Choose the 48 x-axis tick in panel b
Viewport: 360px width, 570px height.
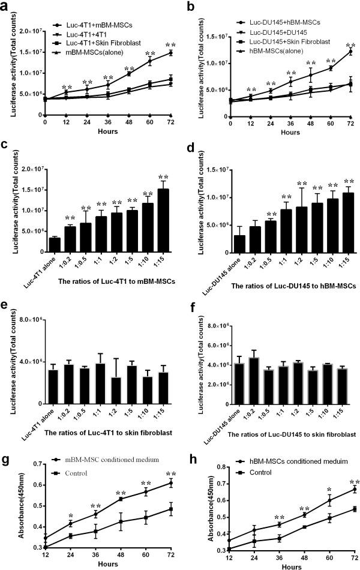click(x=310, y=122)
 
